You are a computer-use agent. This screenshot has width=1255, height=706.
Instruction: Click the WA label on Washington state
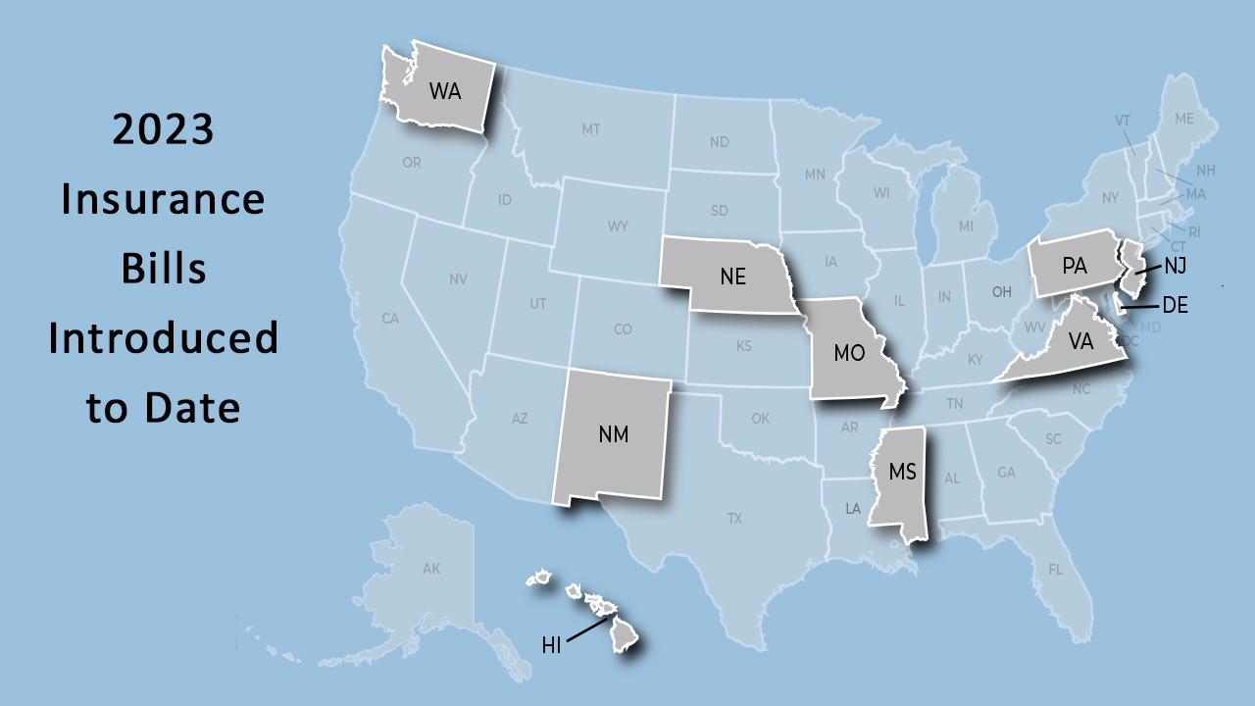coord(445,91)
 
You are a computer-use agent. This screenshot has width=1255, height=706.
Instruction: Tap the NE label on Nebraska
coord(732,277)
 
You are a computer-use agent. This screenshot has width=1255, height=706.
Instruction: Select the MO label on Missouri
coord(849,353)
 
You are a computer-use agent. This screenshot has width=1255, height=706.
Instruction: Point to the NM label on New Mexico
coord(614,433)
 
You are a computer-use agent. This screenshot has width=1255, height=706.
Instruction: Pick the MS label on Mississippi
coord(902,472)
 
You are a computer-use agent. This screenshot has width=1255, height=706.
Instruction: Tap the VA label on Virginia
coord(1080,342)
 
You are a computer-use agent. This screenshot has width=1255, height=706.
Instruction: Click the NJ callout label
coord(1176,265)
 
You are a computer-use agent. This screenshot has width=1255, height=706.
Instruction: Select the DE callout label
coord(1175,306)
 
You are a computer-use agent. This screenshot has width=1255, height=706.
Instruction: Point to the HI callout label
coord(551,645)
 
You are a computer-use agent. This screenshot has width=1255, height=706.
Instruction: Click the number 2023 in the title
coord(163,129)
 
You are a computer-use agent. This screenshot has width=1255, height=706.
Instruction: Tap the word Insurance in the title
coord(163,199)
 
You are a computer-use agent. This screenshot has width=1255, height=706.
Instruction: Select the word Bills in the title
coord(163,268)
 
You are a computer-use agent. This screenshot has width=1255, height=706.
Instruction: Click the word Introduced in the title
coord(163,338)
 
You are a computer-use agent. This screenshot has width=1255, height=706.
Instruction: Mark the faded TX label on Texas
coord(734,518)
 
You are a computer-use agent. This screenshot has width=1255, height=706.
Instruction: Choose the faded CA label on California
coord(390,319)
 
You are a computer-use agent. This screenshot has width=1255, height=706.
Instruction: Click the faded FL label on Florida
coord(1055,569)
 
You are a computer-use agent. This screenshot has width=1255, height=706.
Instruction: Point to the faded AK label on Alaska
coord(431,569)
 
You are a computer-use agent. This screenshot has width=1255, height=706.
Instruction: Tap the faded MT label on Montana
coord(590,129)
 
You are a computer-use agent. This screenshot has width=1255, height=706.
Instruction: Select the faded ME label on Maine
coord(1184,119)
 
